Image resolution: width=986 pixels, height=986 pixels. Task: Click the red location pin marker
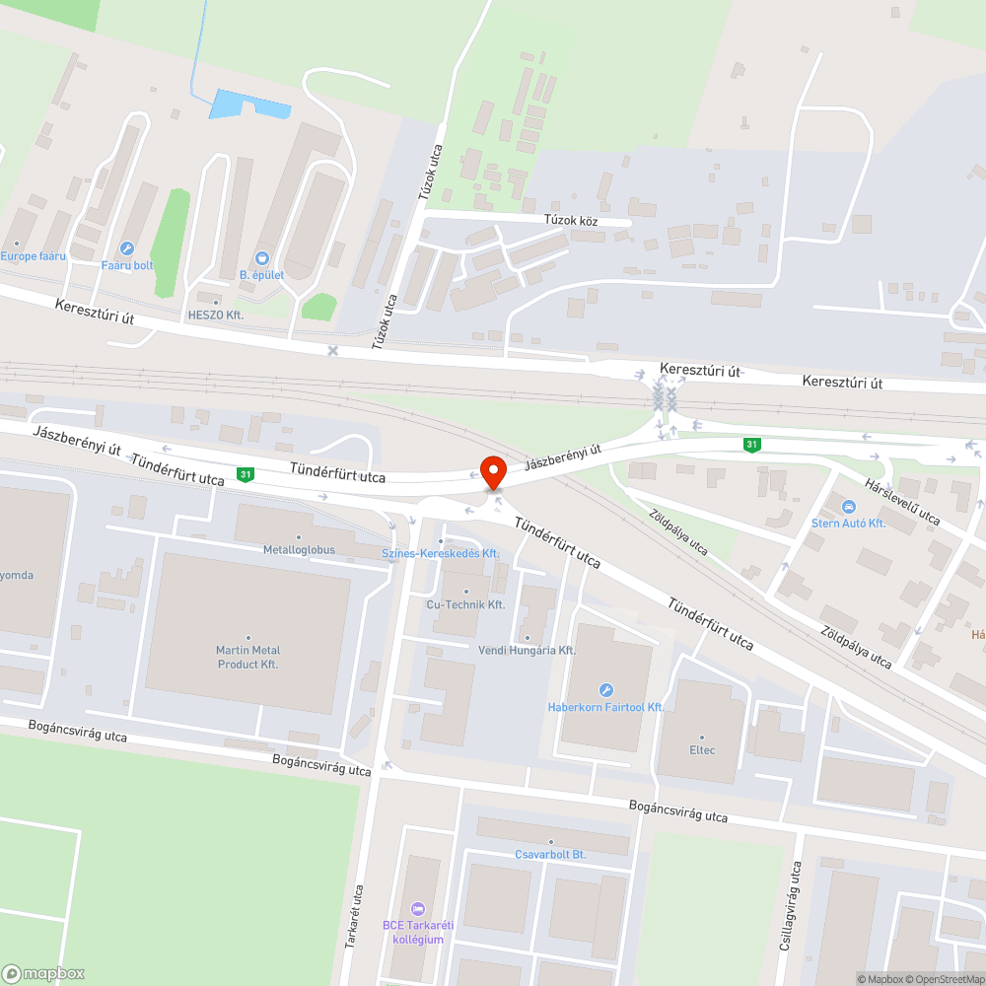tap(492, 471)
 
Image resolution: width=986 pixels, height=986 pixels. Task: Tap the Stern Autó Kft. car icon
tap(848, 507)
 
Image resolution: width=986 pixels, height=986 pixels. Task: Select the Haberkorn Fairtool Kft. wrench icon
tap(606, 690)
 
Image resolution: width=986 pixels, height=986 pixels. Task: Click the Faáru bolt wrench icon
tap(126, 248)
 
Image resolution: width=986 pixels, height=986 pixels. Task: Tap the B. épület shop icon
tap(261, 257)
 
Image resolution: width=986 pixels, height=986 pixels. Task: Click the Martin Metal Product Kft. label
tap(247, 657)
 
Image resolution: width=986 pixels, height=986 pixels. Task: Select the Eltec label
tap(702, 750)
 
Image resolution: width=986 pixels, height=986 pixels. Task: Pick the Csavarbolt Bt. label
tap(550, 854)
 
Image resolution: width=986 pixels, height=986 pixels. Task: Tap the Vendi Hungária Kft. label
tap(527, 651)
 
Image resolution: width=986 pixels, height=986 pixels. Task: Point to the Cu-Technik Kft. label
tap(465, 604)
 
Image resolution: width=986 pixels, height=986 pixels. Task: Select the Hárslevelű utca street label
tap(902, 502)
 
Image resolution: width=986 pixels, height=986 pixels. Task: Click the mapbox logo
tap(43, 972)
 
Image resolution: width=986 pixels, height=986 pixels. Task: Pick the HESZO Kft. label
tap(215, 315)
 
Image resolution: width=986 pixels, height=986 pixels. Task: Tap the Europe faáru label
tap(33, 256)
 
